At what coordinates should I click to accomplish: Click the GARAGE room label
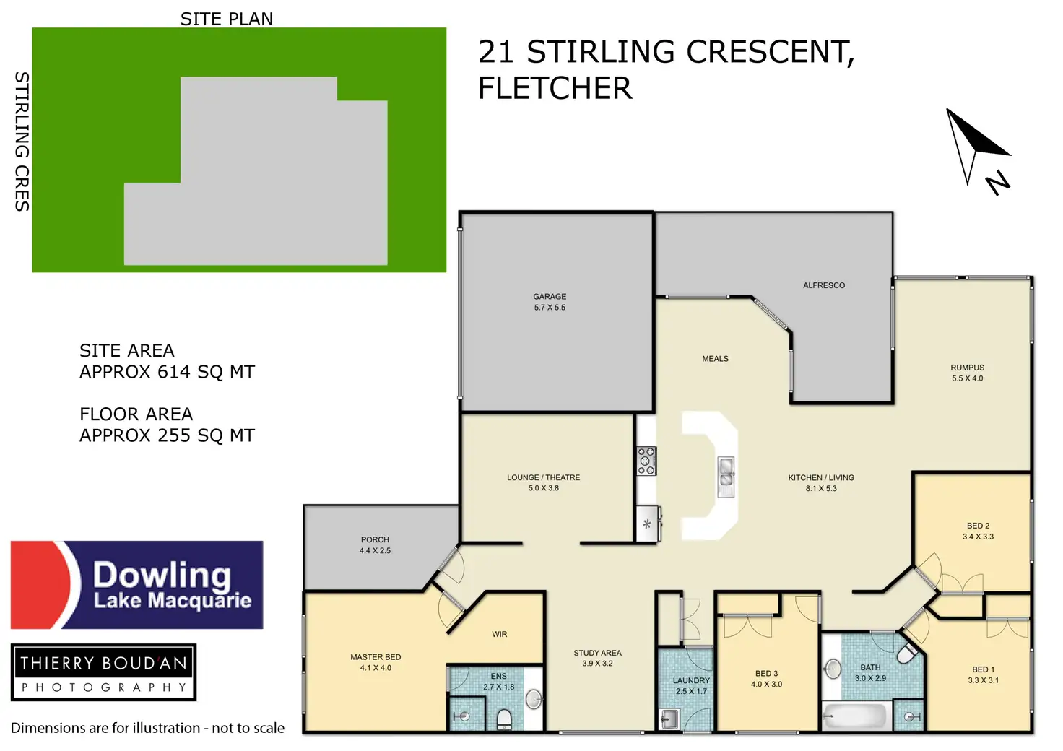[x=550, y=297]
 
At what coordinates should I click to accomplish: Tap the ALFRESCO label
[x=823, y=285]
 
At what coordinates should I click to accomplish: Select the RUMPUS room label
[x=967, y=368]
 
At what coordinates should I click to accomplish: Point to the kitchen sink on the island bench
[x=726, y=477]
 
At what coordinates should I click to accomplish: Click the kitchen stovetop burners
[x=646, y=461]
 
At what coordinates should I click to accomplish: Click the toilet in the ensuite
[x=505, y=719]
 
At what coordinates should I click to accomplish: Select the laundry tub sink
[x=669, y=719]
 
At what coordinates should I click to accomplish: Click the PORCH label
[x=375, y=539]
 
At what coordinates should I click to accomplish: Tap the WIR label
[x=500, y=634]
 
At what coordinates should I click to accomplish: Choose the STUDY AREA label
[x=597, y=653]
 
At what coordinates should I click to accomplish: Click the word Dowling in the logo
[x=162, y=575]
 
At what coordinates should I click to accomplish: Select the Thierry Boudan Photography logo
[x=104, y=672]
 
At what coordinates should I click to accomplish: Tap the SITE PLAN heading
[x=227, y=19]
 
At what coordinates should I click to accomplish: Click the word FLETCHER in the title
[x=555, y=89]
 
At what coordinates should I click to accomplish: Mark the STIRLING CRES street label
[x=22, y=141]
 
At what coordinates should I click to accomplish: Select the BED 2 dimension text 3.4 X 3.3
[x=978, y=537]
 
